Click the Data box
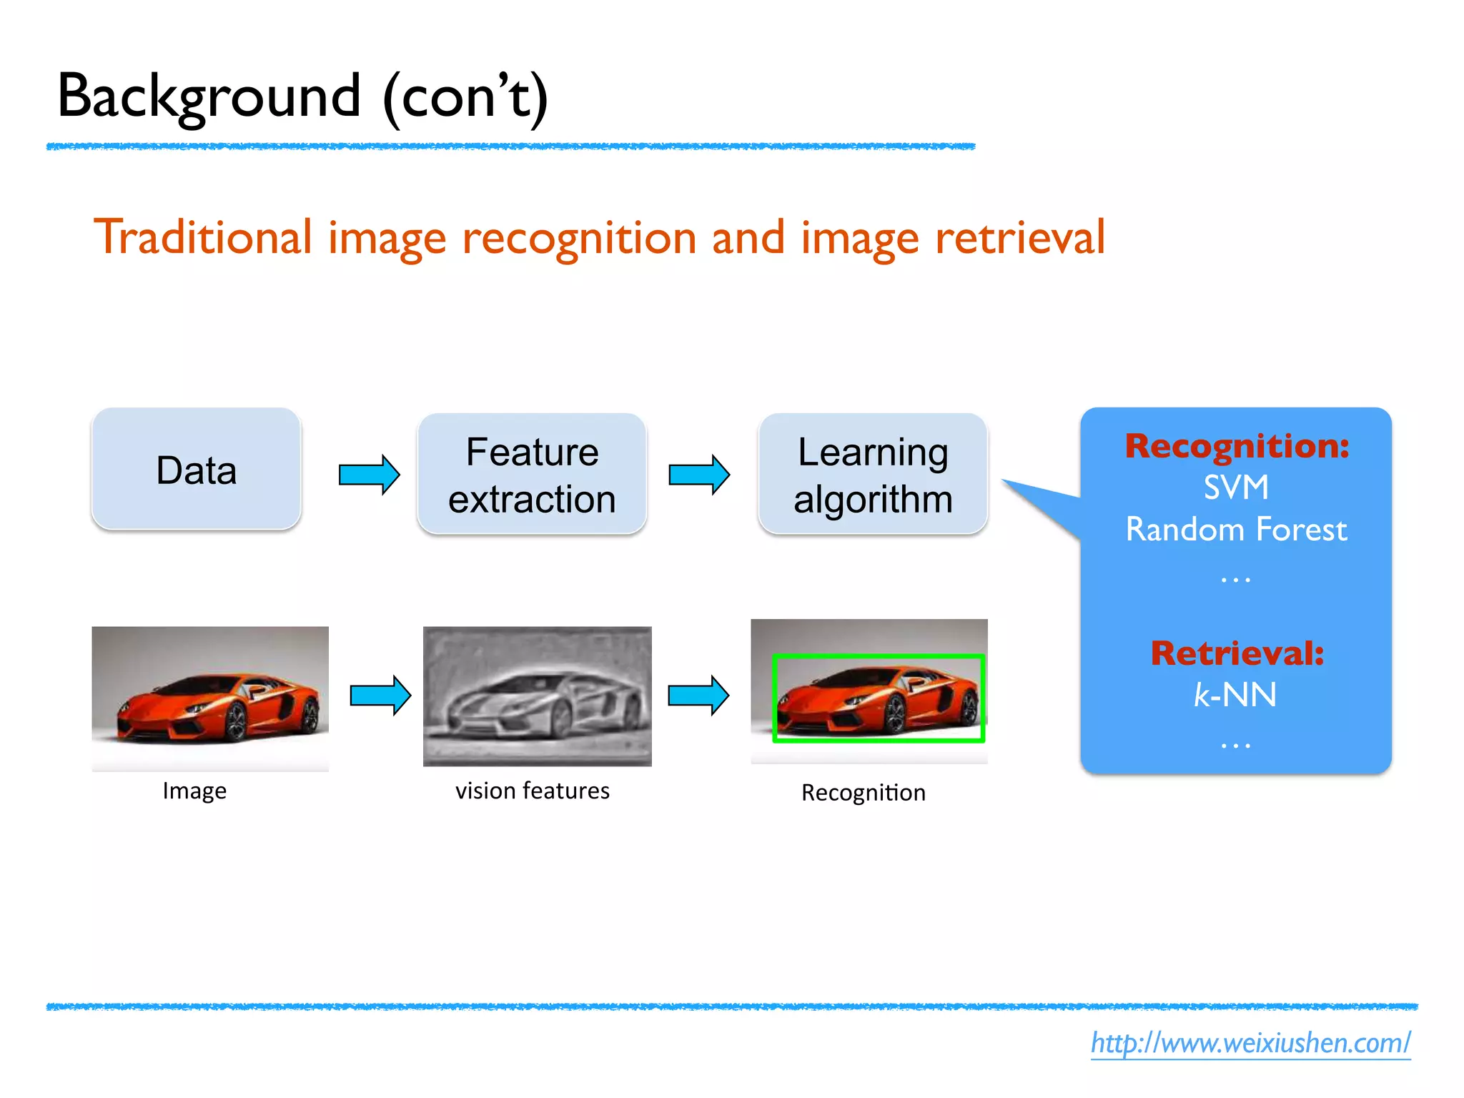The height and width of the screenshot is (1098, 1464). pyautogui.click(x=197, y=470)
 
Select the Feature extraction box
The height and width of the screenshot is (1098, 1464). pyautogui.click(x=532, y=474)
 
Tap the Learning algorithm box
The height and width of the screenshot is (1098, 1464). pyautogui.click(x=873, y=474)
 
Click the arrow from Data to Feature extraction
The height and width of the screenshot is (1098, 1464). pyautogui.click(x=369, y=474)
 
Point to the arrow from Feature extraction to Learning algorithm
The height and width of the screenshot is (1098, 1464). pyautogui.click(x=699, y=474)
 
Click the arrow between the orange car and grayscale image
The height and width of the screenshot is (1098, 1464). pyautogui.click(x=380, y=694)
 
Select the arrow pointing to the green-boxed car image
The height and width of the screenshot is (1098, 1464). pyautogui.click(x=698, y=694)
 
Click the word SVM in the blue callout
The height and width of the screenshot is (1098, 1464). pyautogui.click(x=1236, y=488)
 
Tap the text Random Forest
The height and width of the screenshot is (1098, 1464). pyautogui.click(x=1236, y=530)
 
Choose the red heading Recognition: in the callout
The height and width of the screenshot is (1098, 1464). pyautogui.click(x=1237, y=446)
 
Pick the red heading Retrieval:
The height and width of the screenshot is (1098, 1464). pyautogui.click(x=1237, y=653)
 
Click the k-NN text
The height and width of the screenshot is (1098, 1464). pyautogui.click(x=1235, y=695)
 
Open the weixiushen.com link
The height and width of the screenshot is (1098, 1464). pyautogui.click(x=1250, y=1043)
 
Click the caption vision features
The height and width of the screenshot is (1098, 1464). pyautogui.click(x=533, y=791)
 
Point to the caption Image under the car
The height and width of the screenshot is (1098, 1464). pyautogui.click(x=194, y=791)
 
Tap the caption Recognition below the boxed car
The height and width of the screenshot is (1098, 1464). pyautogui.click(x=864, y=793)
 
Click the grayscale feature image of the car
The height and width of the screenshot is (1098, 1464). pyautogui.click(x=538, y=696)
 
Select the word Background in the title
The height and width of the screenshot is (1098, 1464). pyautogui.click(x=209, y=97)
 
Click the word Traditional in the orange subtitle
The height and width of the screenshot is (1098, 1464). pyautogui.click(x=203, y=237)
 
